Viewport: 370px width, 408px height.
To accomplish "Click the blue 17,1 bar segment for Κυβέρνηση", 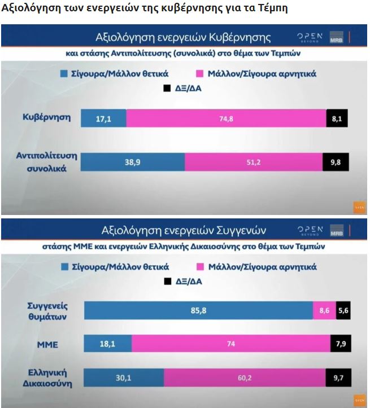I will pos(103,118).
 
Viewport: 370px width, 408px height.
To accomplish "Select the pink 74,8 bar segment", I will pos(226,118).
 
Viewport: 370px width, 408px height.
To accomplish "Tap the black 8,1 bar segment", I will pos(337,118).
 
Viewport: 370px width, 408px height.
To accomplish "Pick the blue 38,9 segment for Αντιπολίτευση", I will pos(133,161).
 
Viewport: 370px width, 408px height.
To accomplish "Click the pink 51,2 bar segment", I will pos(253,161).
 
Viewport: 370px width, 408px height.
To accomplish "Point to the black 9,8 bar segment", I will pos(336,161).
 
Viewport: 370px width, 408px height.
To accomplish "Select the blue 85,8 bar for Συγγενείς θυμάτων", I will pos(198,310).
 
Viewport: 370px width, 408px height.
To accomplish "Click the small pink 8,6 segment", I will pos(324,310).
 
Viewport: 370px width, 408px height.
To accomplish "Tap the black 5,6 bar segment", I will pos(343,310).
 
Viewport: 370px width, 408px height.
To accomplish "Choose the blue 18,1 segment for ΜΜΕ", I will pos(108,344).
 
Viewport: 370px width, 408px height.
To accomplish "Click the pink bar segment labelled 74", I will pos(231,344).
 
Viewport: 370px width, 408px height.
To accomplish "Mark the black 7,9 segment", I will pos(339,344).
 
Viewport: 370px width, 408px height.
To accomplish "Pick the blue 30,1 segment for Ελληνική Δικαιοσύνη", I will pos(124,378).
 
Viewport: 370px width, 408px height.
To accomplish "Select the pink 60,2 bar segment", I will pos(245,378).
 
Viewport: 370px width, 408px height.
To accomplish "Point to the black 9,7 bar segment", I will pos(337,378).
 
